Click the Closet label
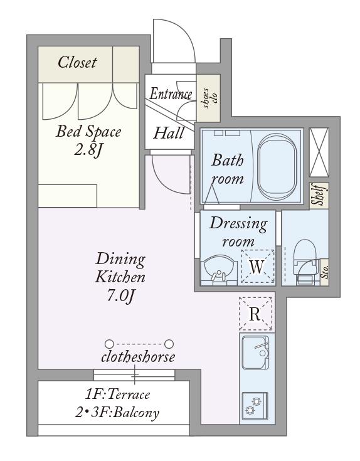click(77, 62)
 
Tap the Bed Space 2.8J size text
click(88, 151)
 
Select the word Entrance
click(171, 94)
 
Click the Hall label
click(169, 133)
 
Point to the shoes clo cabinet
click(208, 98)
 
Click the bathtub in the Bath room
click(277, 167)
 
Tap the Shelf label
click(319, 194)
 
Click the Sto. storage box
click(324, 273)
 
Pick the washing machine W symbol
click(257, 267)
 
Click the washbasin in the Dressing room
click(220, 269)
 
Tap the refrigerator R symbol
click(255, 314)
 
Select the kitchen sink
click(255, 352)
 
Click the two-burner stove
click(255, 406)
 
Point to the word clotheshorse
click(138, 357)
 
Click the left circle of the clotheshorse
click(109, 344)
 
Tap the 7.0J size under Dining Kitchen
click(121, 296)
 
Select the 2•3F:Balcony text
click(117, 413)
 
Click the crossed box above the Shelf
click(319, 152)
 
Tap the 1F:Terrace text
click(117, 395)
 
